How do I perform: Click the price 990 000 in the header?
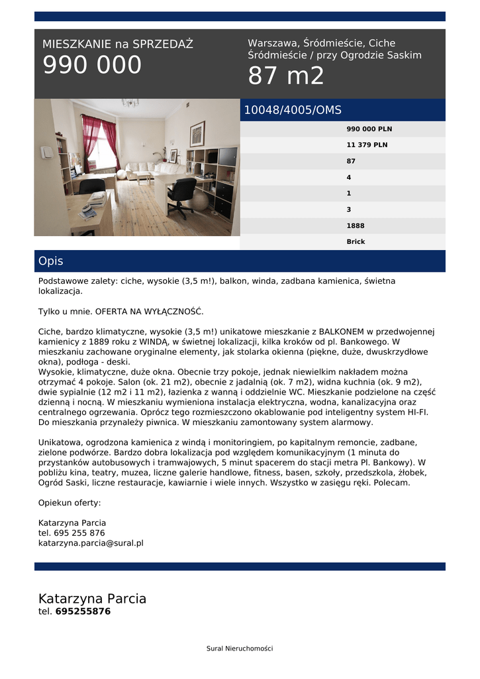point(92,65)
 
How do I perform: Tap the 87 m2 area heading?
point(286,76)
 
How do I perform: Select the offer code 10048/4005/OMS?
point(293,110)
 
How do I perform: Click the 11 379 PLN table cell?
point(367,145)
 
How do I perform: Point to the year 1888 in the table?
point(356,225)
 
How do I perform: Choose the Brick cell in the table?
point(356,241)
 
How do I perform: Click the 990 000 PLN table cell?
point(369,129)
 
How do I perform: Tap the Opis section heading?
point(51,261)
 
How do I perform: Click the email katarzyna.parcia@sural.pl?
point(91,542)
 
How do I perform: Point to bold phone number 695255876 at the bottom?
point(83,611)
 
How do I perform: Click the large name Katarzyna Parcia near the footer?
point(92,599)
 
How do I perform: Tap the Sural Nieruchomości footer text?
point(240,648)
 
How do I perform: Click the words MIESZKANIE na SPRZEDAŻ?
point(117,44)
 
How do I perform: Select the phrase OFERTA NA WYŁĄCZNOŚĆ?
point(150,311)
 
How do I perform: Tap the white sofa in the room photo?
point(142,168)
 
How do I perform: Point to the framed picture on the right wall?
point(197,133)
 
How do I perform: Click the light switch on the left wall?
point(47,152)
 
